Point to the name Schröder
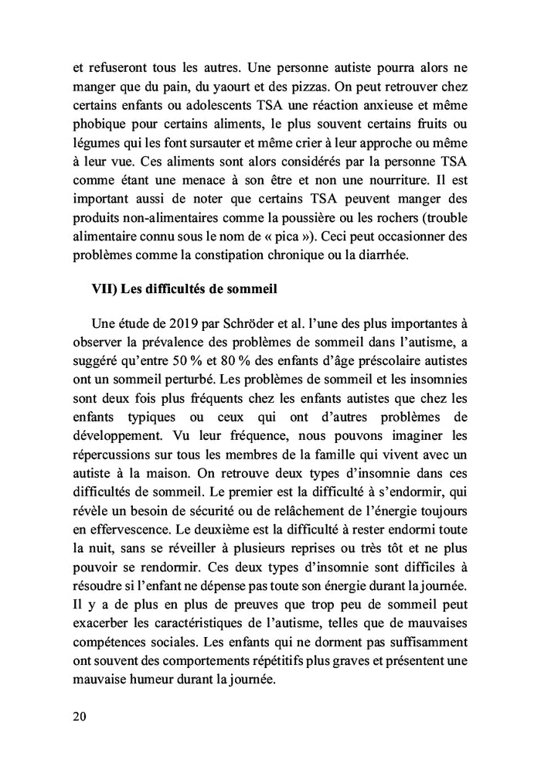249,326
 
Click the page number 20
78,715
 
